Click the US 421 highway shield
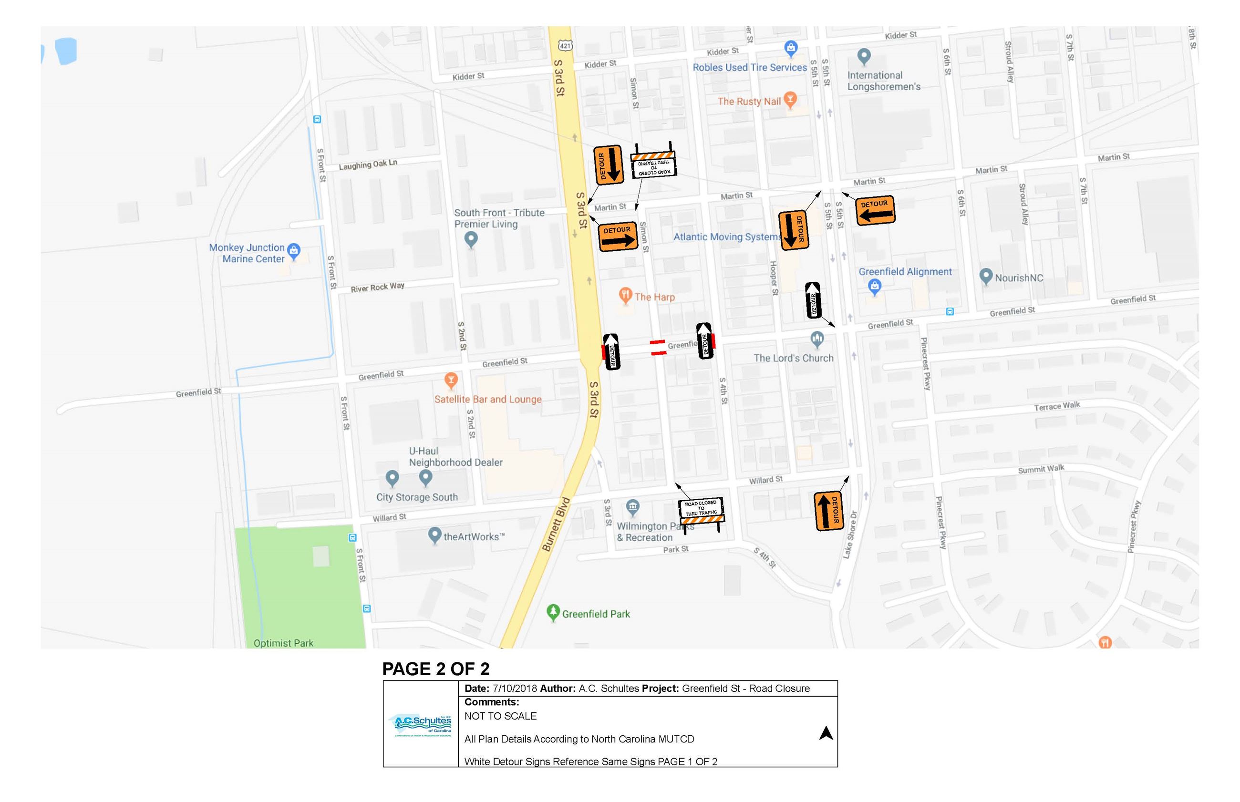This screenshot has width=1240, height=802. pyautogui.click(x=565, y=45)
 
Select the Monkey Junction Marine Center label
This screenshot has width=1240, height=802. pyautogui.click(x=247, y=253)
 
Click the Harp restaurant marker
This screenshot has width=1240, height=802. pyautogui.click(x=625, y=296)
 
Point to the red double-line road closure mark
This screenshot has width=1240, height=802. pyautogui.click(x=658, y=348)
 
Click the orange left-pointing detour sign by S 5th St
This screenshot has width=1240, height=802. pyautogui.click(x=875, y=210)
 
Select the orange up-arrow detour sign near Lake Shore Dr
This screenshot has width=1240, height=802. pyautogui.click(x=828, y=510)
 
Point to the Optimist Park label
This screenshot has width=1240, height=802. pyautogui.click(x=283, y=643)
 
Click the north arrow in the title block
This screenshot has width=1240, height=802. pyautogui.click(x=826, y=733)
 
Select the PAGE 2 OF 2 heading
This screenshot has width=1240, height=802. pyautogui.click(x=435, y=668)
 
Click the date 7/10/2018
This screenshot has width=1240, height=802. pyautogui.click(x=515, y=689)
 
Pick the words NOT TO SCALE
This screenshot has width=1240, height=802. pyautogui.click(x=500, y=716)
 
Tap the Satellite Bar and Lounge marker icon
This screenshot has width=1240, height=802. pyautogui.click(x=451, y=380)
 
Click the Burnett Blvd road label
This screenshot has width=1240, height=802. pyautogui.click(x=556, y=524)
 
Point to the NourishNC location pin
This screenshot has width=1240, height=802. pyautogui.click(x=985, y=276)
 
